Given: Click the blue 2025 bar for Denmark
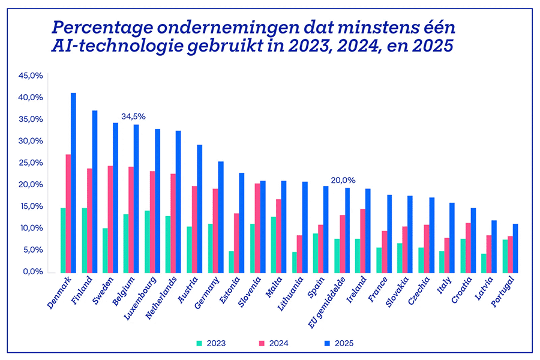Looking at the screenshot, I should coord(73,183).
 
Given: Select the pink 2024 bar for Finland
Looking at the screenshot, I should coord(90,221).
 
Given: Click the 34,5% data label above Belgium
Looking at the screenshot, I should coord(133,116).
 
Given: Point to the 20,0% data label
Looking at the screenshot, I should coord(343,179).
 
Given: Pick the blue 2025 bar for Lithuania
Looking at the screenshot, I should coord(305,227).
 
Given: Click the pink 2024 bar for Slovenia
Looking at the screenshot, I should coord(257,228).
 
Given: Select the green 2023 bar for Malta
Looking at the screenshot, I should coord(274,245).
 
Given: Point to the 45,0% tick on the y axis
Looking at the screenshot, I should coord(31,76).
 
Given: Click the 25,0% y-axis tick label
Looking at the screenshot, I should coord(31,163).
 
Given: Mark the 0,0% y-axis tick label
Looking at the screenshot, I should coord(33,272).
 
